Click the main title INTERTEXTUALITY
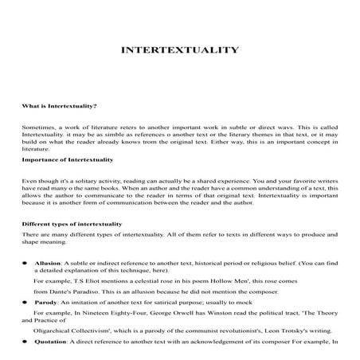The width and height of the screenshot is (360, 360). tap(179, 50)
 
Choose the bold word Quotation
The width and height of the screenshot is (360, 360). tap(53, 341)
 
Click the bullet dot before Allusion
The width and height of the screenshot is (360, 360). tap(25, 261)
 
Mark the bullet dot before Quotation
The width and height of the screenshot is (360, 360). tap(25, 341)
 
